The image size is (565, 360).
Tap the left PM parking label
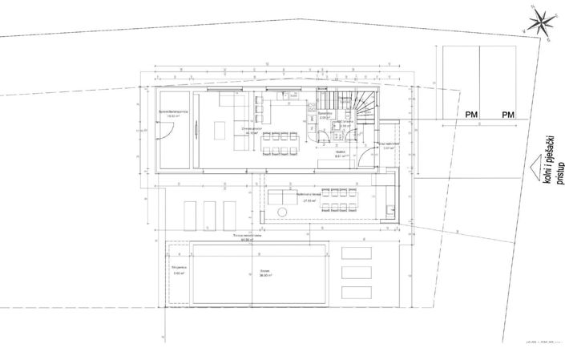tap(471, 115)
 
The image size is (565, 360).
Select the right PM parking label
tap(508, 115)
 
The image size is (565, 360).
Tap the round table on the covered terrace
tap(282, 211)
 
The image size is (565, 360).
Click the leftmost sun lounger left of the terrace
tap(191, 213)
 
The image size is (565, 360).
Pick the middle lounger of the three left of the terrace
tap(210, 213)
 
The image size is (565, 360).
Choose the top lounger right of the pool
tap(356, 254)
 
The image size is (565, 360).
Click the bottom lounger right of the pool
tap(356, 292)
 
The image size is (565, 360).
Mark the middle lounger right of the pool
tap(356, 273)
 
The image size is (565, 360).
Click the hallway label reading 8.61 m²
tap(339, 155)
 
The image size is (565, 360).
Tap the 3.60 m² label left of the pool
tap(178, 271)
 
